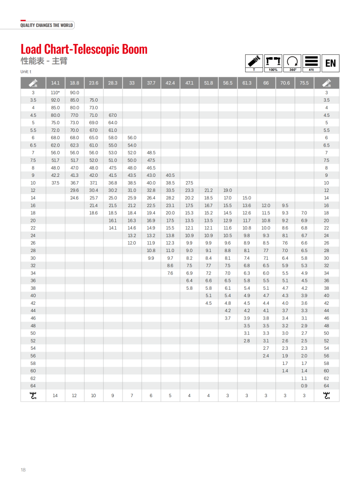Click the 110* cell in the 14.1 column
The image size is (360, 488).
coord(55,92)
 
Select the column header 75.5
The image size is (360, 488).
coord(304,83)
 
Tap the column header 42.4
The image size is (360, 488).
coord(170,83)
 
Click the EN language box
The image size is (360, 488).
coord(330,63)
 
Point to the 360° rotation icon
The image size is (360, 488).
coord(292,63)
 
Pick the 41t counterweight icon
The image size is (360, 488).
coord(311,63)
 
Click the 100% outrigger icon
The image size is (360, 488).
coord(273,63)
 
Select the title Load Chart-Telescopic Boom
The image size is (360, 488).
coord(84,49)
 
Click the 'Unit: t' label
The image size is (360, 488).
coord(26,72)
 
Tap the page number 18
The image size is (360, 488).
coord(23,470)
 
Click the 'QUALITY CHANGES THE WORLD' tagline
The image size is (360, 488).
coord(46,25)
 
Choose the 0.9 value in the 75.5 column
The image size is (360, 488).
coord(304,386)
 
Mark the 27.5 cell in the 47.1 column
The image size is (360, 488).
coord(189,183)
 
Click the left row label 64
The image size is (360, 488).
coord(33,386)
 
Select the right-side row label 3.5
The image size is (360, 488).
coord(326,100)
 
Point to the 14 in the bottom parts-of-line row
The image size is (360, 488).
coord(55,396)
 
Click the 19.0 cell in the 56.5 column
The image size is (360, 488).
coord(227,190)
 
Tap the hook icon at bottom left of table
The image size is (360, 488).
coord(33,396)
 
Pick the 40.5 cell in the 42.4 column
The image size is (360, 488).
coord(170,175)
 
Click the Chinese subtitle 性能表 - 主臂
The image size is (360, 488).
coord(43,62)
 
